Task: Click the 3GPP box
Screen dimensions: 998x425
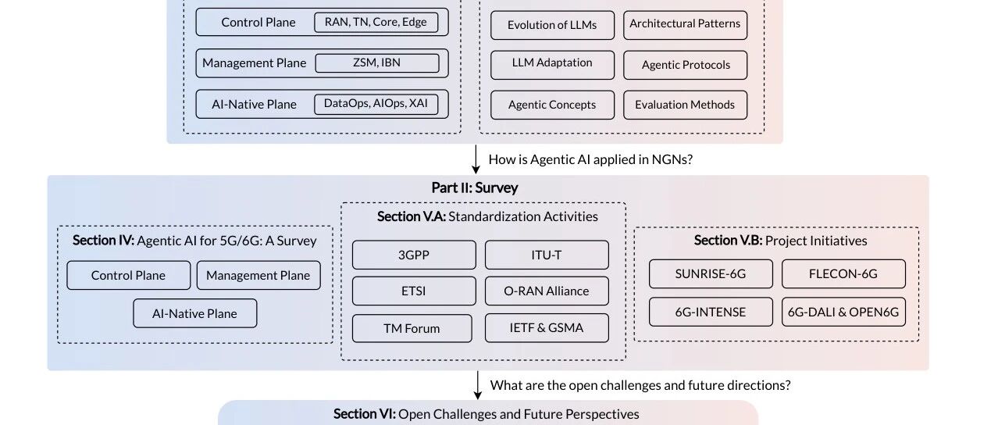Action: (414, 255)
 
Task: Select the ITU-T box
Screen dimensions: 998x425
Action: (547, 255)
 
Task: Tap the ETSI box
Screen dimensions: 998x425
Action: (414, 291)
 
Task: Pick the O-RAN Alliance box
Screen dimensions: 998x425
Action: (547, 291)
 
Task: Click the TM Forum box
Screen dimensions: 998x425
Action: (412, 328)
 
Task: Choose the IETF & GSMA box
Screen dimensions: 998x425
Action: (547, 328)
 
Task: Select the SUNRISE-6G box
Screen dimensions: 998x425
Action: (711, 273)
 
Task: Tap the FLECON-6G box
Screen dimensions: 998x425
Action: (843, 273)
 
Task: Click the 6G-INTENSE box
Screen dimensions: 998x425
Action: (711, 312)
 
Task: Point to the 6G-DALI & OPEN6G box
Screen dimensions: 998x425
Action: (843, 312)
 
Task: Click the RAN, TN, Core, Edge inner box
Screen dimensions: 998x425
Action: (376, 23)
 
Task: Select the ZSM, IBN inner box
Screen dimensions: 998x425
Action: (377, 62)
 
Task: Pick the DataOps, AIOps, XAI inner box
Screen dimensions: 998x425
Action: (376, 104)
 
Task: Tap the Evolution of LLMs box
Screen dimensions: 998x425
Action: (552, 25)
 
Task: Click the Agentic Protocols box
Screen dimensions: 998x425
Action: (685, 65)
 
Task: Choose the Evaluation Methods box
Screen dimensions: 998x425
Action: (685, 105)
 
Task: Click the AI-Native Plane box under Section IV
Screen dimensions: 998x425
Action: (194, 313)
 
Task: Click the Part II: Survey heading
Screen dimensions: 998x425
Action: (475, 187)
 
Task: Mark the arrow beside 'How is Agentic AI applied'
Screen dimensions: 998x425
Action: (476, 159)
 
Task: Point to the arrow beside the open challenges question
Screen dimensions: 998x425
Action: (478, 385)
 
